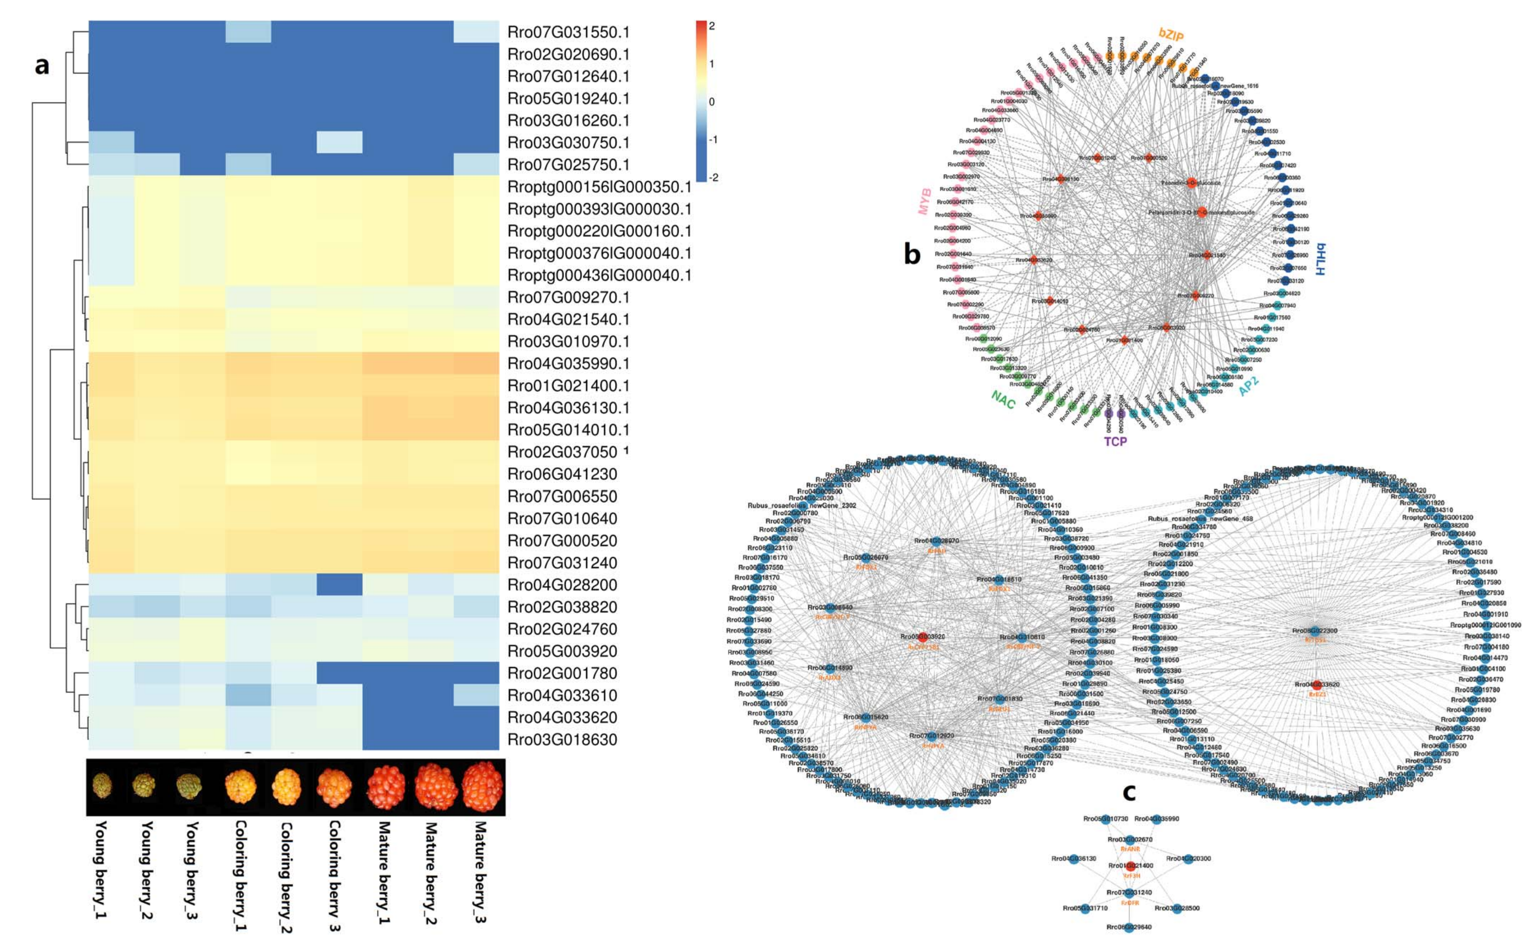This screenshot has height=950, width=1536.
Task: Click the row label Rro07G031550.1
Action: click(x=568, y=32)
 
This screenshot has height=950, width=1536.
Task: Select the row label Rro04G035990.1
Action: click(x=568, y=364)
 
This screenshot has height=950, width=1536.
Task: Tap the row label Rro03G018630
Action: click(x=562, y=739)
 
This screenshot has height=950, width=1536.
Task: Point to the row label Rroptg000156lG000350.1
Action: click(x=599, y=187)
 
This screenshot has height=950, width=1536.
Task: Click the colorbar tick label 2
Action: click(x=712, y=26)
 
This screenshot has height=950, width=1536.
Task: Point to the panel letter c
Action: click(x=1128, y=792)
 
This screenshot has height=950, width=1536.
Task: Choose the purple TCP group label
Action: click(x=1115, y=441)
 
